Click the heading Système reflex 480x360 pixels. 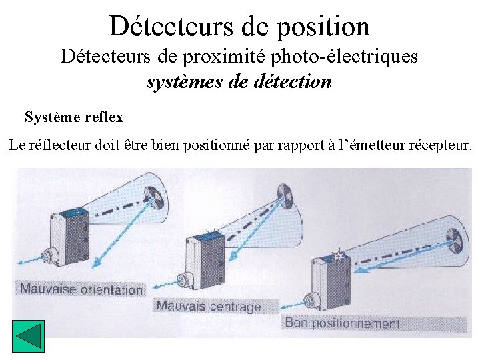point(74,117)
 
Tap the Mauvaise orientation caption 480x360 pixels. point(81,289)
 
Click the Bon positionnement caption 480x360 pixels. point(342,323)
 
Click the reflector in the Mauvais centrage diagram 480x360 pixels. point(283,193)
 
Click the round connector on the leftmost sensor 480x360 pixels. point(49,257)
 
